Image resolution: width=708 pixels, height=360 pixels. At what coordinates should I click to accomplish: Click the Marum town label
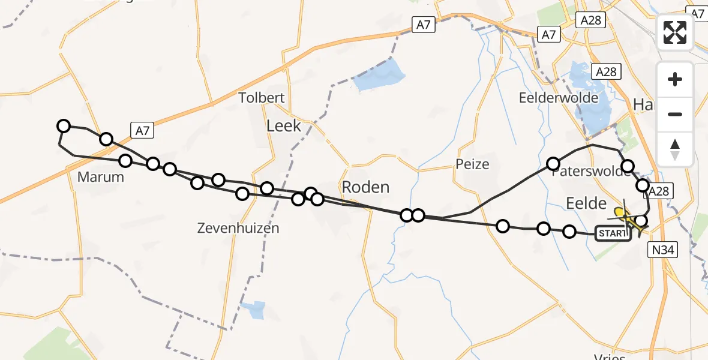(x=101, y=177)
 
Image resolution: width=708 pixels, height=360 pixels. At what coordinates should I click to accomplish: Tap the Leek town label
(x=284, y=126)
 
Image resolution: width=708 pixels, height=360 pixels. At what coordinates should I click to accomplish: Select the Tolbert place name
(x=262, y=98)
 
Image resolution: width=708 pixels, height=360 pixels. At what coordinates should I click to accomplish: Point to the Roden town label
(x=365, y=187)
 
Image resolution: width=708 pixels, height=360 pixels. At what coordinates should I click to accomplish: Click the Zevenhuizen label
(x=238, y=228)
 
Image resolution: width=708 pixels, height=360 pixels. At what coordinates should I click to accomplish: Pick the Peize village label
(x=472, y=164)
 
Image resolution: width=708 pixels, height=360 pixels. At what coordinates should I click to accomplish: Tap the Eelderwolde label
(x=559, y=98)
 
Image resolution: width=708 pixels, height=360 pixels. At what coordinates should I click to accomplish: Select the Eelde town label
(x=586, y=203)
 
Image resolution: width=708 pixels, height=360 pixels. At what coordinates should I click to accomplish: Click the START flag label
(x=613, y=233)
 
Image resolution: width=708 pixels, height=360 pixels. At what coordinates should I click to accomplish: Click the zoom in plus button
(x=675, y=79)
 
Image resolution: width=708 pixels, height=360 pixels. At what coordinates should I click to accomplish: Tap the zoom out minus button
(x=675, y=114)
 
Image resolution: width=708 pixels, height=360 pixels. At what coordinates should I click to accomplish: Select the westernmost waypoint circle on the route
(x=63, y=125)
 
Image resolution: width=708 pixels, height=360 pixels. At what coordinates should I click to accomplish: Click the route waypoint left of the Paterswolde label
(x=553, y=164)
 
